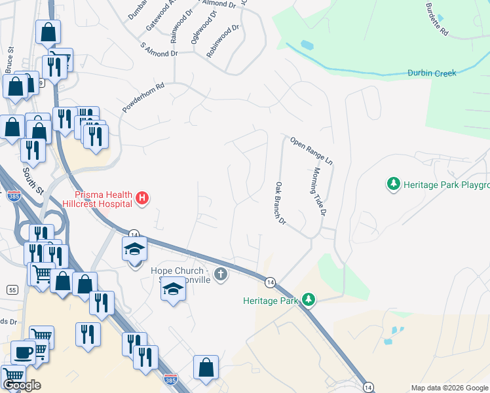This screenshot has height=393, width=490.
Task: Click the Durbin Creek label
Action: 431,73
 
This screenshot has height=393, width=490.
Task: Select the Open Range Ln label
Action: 312,151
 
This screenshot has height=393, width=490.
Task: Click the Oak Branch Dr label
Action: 281,203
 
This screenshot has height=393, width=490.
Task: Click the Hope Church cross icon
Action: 221,274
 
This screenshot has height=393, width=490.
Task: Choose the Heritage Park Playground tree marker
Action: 393,184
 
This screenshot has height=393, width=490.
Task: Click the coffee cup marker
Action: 23,352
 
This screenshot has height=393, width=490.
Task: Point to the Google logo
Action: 22,385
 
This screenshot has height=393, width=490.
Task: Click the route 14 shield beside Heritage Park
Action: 270,282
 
